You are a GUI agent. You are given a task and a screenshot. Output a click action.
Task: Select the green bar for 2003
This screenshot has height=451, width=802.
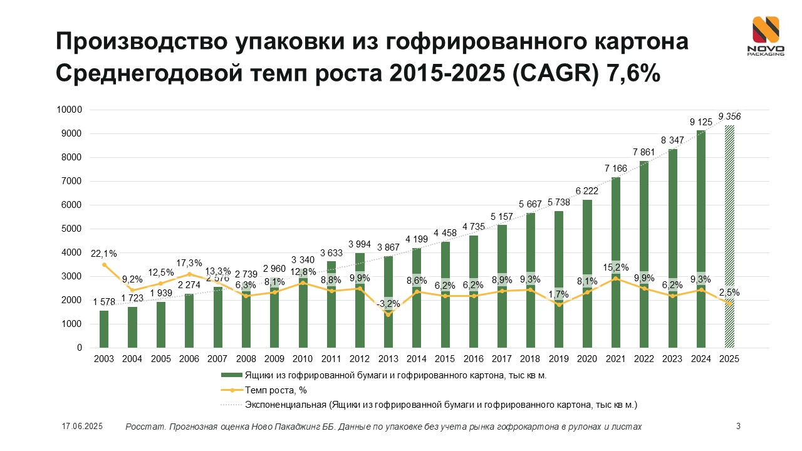104,329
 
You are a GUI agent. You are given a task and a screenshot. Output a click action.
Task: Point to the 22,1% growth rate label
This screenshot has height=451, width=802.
103,253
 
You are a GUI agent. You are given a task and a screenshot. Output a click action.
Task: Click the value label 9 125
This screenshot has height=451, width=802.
700,122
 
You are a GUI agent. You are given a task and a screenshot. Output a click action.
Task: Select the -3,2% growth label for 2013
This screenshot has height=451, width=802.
388,304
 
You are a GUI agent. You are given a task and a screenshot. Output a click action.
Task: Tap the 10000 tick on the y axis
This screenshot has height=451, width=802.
70,110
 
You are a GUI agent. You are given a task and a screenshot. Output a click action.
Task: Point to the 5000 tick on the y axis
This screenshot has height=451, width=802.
72,229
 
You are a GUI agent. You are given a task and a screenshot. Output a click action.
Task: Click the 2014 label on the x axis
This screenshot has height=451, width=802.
417,359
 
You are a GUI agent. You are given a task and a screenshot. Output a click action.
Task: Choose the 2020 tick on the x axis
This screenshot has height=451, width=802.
587,359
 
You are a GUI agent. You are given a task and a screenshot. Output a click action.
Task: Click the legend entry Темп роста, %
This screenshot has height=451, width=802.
276,390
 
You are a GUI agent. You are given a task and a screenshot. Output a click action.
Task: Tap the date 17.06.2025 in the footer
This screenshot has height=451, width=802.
82,427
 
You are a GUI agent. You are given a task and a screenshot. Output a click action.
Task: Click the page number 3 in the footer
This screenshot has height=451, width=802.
738,427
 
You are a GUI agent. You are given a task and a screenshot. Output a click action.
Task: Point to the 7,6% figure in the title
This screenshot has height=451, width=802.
634,73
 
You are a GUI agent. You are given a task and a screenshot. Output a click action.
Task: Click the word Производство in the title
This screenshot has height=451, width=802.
140,41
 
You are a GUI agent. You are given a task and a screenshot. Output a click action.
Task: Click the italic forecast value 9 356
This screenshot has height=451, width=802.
729,117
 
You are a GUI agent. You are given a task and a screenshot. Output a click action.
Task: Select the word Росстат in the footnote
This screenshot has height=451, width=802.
143,427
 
